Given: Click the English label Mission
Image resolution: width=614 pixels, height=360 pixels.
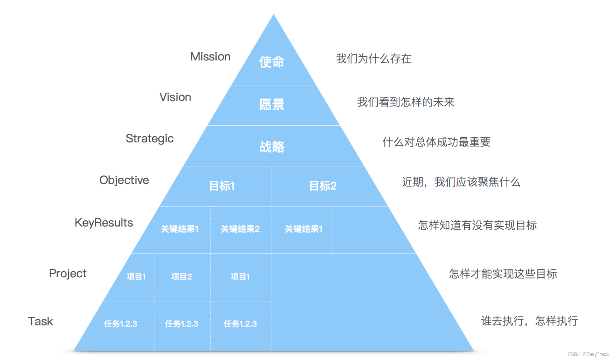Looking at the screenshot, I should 210,57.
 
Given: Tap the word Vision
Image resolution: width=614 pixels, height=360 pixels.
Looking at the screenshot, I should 175,97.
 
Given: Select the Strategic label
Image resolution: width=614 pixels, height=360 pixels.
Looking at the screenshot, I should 149,139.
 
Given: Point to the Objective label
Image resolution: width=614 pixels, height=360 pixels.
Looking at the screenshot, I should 124,180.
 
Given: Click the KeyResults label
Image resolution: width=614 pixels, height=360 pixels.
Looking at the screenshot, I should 104,223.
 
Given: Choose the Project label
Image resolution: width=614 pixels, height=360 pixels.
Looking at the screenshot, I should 67,273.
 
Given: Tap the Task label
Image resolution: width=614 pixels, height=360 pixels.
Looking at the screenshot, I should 40,321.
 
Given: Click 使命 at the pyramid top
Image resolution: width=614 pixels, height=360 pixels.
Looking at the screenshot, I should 271,62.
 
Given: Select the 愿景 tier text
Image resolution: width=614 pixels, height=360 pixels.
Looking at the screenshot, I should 271,105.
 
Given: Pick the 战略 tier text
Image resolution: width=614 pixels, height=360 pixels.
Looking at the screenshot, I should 271,147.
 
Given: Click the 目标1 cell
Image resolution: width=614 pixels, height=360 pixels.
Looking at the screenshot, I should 222,186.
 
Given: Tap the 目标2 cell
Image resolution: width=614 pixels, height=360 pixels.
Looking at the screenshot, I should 322,186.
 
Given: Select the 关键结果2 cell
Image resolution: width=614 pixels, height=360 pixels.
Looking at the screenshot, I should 240,229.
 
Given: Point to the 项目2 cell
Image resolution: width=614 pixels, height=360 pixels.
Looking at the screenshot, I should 182,277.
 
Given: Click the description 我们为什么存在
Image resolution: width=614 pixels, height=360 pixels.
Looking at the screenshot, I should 374,59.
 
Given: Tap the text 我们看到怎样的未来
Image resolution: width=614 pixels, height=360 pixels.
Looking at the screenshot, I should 406,102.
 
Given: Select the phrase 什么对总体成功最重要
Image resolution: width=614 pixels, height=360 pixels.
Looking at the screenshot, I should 436,142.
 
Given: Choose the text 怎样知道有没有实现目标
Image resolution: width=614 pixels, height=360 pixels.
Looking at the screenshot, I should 477,225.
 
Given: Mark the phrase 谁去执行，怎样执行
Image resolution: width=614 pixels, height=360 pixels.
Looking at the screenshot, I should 529,321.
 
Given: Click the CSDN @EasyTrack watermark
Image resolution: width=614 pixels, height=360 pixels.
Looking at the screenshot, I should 588,354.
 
